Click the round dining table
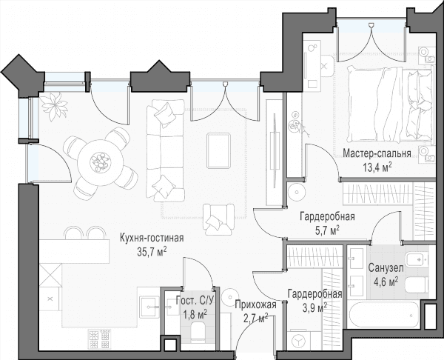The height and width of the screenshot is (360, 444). click(101, 163)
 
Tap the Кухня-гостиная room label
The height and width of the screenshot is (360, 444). click(152, 238)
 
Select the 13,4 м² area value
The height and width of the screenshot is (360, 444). click(377, 167)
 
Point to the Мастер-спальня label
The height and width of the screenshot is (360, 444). click(377, 153)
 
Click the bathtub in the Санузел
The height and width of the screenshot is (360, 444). click(383, 315)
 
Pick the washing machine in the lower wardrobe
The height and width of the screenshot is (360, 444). click(299, 339)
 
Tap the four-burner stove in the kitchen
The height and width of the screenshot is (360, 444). click(99, 339)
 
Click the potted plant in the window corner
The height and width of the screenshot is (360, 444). click(54, 106)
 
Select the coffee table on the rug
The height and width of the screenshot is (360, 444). click(218, 151)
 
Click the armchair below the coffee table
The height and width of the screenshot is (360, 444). click(218, 219)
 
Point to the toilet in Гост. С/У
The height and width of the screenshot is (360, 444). click(198, 332)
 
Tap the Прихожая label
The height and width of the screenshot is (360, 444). click(255, 305)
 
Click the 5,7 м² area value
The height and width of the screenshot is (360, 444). click(327, 230)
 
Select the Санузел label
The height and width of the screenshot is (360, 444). click(386, 267)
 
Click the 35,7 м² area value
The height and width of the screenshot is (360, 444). click(152, 251)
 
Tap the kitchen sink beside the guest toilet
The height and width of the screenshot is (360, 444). click(149, 307)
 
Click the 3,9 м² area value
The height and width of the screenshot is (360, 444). click(315, 307)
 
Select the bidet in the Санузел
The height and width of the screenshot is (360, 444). click(416, 259)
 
